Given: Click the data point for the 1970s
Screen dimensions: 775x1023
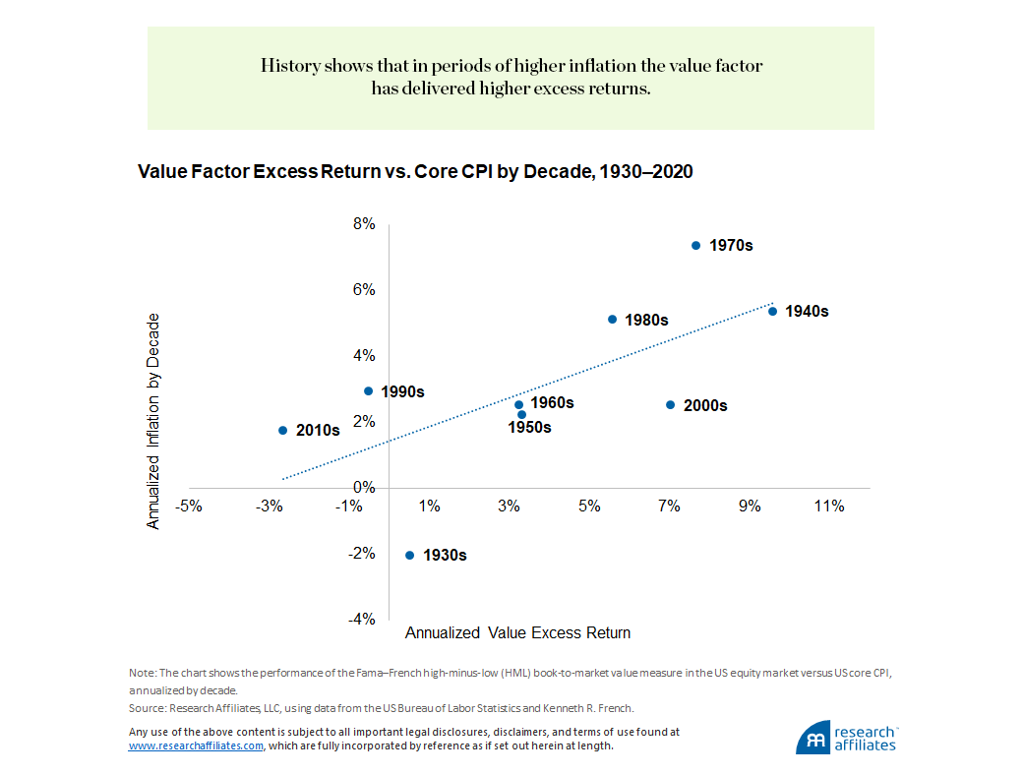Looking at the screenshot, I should pos(695,245).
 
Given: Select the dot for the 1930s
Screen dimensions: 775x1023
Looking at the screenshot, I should pos(410,555).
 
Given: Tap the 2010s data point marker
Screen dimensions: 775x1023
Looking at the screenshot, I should pos(282,430).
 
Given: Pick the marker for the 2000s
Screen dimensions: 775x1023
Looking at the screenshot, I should pos(670,405).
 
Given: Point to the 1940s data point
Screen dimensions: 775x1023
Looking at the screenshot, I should pos(772,312).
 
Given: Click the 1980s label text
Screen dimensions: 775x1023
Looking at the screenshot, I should pos(646,320).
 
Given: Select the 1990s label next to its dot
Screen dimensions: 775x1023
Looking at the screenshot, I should pos(402,391).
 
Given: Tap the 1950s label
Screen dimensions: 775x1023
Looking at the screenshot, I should pos(529,427).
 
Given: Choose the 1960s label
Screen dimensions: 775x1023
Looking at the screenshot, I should pos(552,402).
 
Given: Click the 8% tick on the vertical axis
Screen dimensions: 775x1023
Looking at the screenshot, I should pos(364,224).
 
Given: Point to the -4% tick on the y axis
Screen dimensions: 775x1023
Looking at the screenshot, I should pos(362,619).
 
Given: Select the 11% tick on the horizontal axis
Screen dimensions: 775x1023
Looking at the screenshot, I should pos(829,507).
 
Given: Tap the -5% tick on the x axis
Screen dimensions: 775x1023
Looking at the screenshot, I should pos(189,507).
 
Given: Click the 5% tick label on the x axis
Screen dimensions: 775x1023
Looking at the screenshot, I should pos(589,507).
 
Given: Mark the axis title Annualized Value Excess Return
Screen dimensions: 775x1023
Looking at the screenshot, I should pos(517,632).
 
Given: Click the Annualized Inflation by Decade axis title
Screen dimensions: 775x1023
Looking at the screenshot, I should pos(153,421).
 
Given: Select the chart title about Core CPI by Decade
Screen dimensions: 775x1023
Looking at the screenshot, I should pos(415,171).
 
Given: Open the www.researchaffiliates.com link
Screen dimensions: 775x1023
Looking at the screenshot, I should pos(196,745).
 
